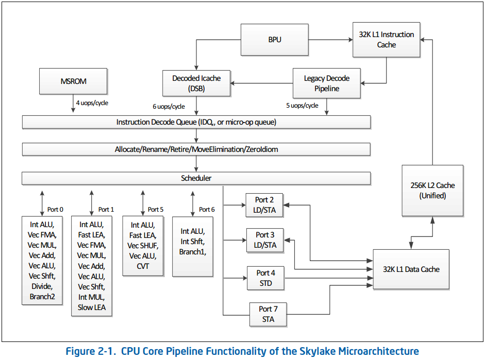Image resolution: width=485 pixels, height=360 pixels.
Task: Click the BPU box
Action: tap(275, 39)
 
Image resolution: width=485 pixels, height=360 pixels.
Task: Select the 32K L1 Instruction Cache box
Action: tap(386, 39)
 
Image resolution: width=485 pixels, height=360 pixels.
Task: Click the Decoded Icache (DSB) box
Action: tap(196, 83)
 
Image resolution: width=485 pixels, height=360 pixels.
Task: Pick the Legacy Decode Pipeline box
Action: tap(326, 83)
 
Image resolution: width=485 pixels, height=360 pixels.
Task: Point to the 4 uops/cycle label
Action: tap(92, 103)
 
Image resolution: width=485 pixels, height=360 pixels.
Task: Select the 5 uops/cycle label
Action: tap(302, 106)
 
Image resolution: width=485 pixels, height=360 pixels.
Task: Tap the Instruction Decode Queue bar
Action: tap(196, 122)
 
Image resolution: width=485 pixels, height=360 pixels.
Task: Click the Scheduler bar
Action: tap(196, 178)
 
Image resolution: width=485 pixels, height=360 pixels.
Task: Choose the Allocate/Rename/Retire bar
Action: tap(196, 150)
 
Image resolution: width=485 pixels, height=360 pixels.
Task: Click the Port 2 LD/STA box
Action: tap(265, 204)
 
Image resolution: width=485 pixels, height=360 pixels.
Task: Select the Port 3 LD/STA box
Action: tap(265, 240)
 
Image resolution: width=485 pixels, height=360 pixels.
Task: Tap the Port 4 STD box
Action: tap(265, 278)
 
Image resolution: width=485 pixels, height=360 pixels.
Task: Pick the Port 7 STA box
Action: tap(267, 314)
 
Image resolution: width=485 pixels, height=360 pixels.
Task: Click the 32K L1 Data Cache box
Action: tap(411, 269)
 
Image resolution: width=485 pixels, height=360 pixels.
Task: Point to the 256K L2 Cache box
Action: tap(432, 190)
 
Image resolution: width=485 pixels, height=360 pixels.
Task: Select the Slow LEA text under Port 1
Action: tap(92, 307)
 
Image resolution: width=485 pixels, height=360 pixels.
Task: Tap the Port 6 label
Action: tap(207, 209)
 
